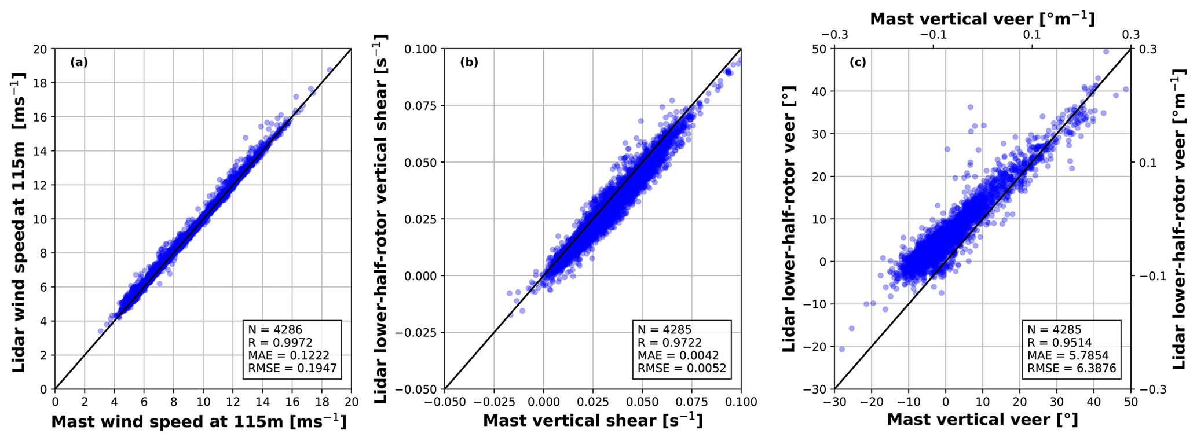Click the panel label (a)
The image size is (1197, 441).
79,62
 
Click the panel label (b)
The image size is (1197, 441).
469,62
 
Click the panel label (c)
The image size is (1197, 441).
858,62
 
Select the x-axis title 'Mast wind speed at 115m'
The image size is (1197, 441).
199,422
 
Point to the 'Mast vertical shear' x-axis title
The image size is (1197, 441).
592,421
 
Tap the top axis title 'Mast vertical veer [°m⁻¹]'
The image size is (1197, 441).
982,19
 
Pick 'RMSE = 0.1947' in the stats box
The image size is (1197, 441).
292,368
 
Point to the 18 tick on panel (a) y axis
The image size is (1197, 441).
42,83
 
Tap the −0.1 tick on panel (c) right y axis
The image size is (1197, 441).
1149,275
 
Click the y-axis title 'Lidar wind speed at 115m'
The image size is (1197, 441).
19,222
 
